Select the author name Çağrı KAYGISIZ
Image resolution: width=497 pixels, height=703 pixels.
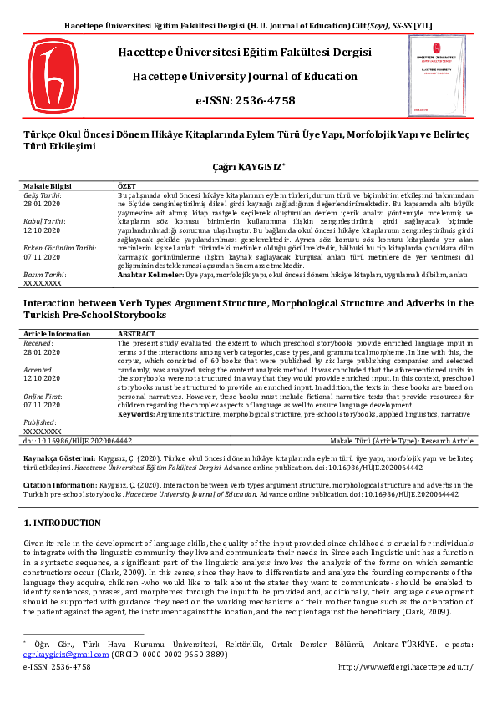[246, 167]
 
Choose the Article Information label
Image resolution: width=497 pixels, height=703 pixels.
[57, 332]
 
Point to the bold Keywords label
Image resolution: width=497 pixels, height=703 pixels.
[137, 413]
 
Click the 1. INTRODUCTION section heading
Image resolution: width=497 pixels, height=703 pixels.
[62, 523]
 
